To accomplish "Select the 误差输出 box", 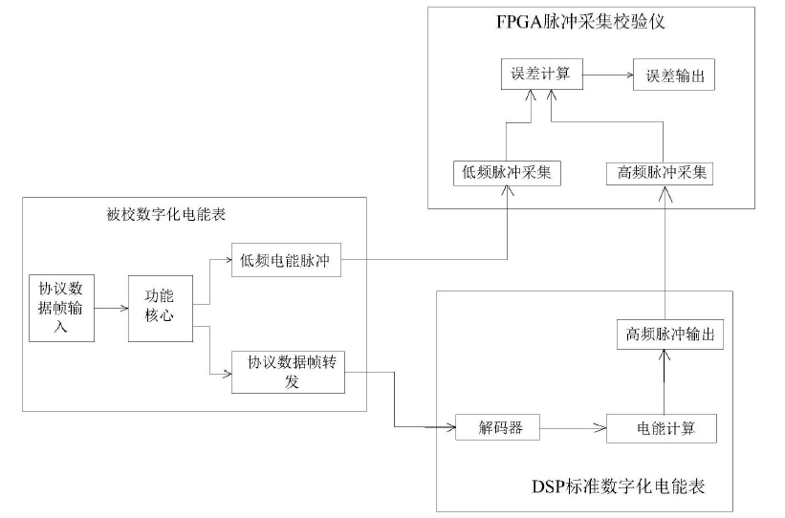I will [675, 76].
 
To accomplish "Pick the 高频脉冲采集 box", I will [662, 173].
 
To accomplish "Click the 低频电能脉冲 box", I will [286, 261].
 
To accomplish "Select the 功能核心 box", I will [160, 308].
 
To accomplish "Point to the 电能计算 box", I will [662, 428].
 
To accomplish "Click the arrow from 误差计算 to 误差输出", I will [607, 75].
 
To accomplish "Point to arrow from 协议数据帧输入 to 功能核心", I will [113, 308].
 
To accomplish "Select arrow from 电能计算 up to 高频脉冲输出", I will [662, 383].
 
